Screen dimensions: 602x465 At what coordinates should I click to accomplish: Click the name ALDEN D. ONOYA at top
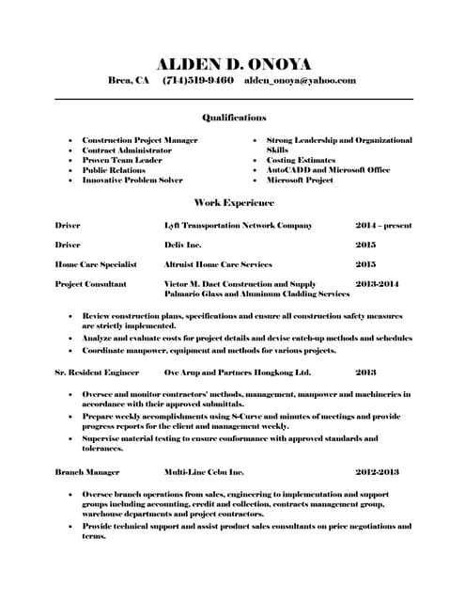233,63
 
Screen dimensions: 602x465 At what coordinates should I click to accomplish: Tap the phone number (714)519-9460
198,81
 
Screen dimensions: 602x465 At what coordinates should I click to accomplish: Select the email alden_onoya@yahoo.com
300,81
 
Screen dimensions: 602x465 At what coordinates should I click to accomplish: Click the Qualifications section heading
234,118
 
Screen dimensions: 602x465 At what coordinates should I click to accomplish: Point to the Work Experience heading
233,202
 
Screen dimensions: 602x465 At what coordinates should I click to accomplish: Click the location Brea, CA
129,81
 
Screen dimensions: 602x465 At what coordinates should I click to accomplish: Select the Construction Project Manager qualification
140,140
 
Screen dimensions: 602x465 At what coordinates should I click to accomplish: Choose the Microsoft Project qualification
300,180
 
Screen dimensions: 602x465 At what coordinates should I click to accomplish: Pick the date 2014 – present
384,226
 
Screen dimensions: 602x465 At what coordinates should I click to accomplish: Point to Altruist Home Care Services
218,264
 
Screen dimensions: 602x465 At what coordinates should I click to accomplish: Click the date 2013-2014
378,283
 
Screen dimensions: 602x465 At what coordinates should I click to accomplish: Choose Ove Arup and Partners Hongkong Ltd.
237,372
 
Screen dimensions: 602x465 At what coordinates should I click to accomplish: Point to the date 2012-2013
378,471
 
